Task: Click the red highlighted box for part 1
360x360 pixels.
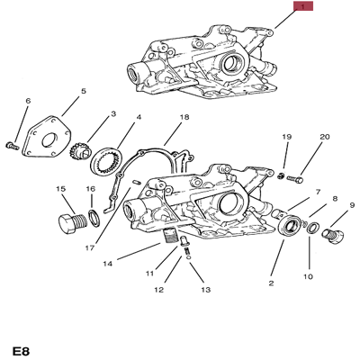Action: pyautogui.click(x=303, y=7)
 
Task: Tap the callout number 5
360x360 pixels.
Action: pyautogui.click(x=84, y=92)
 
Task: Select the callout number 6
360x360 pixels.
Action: pyautogui.click(x=28, y=101)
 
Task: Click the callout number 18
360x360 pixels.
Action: pyautogui.click(x=184, y=118)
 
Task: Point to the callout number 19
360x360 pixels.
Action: pyautogui.click(x=287, y=137)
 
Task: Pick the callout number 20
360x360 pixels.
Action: pyautogui.click(x=325, y=137)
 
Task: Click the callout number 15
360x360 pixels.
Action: pyautogui.click(x=61, y=189)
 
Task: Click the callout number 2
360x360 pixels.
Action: pyautogui.click(x=269, y=283)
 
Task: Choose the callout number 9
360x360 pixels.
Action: pyautogui.click(x=352, y=204)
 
